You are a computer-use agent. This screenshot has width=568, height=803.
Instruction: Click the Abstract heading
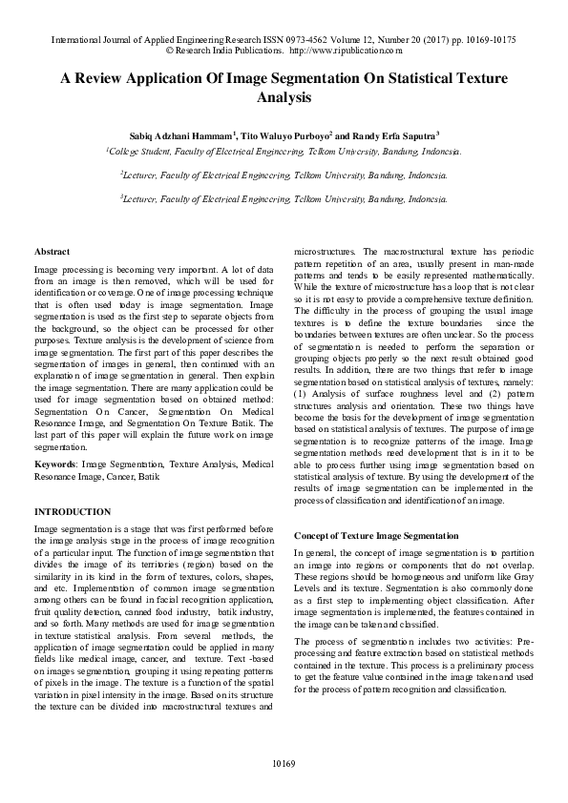pos(51,250)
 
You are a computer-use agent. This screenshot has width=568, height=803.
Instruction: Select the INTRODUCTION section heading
pos(72,512)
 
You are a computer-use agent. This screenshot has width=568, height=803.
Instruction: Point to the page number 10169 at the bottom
pos(284,764)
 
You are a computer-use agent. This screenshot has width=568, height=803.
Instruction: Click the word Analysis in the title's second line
pos(284,97)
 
